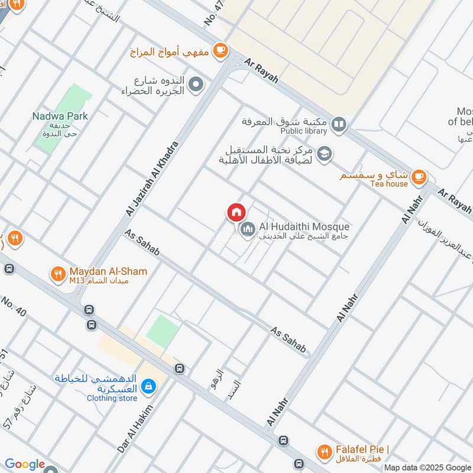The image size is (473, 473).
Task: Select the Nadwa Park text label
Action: [60, 116]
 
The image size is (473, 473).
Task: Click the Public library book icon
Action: [338, 124]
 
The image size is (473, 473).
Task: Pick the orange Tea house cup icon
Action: [419, 176]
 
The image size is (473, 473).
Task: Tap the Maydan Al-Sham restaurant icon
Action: [57, 274]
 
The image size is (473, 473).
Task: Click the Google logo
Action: [25, 464]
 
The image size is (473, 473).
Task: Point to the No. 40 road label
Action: [14, 309]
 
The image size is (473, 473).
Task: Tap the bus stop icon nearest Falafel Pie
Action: [283, 440]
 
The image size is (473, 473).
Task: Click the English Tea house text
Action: [389, 184]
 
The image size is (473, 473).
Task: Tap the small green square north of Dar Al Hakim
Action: [162, 332]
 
